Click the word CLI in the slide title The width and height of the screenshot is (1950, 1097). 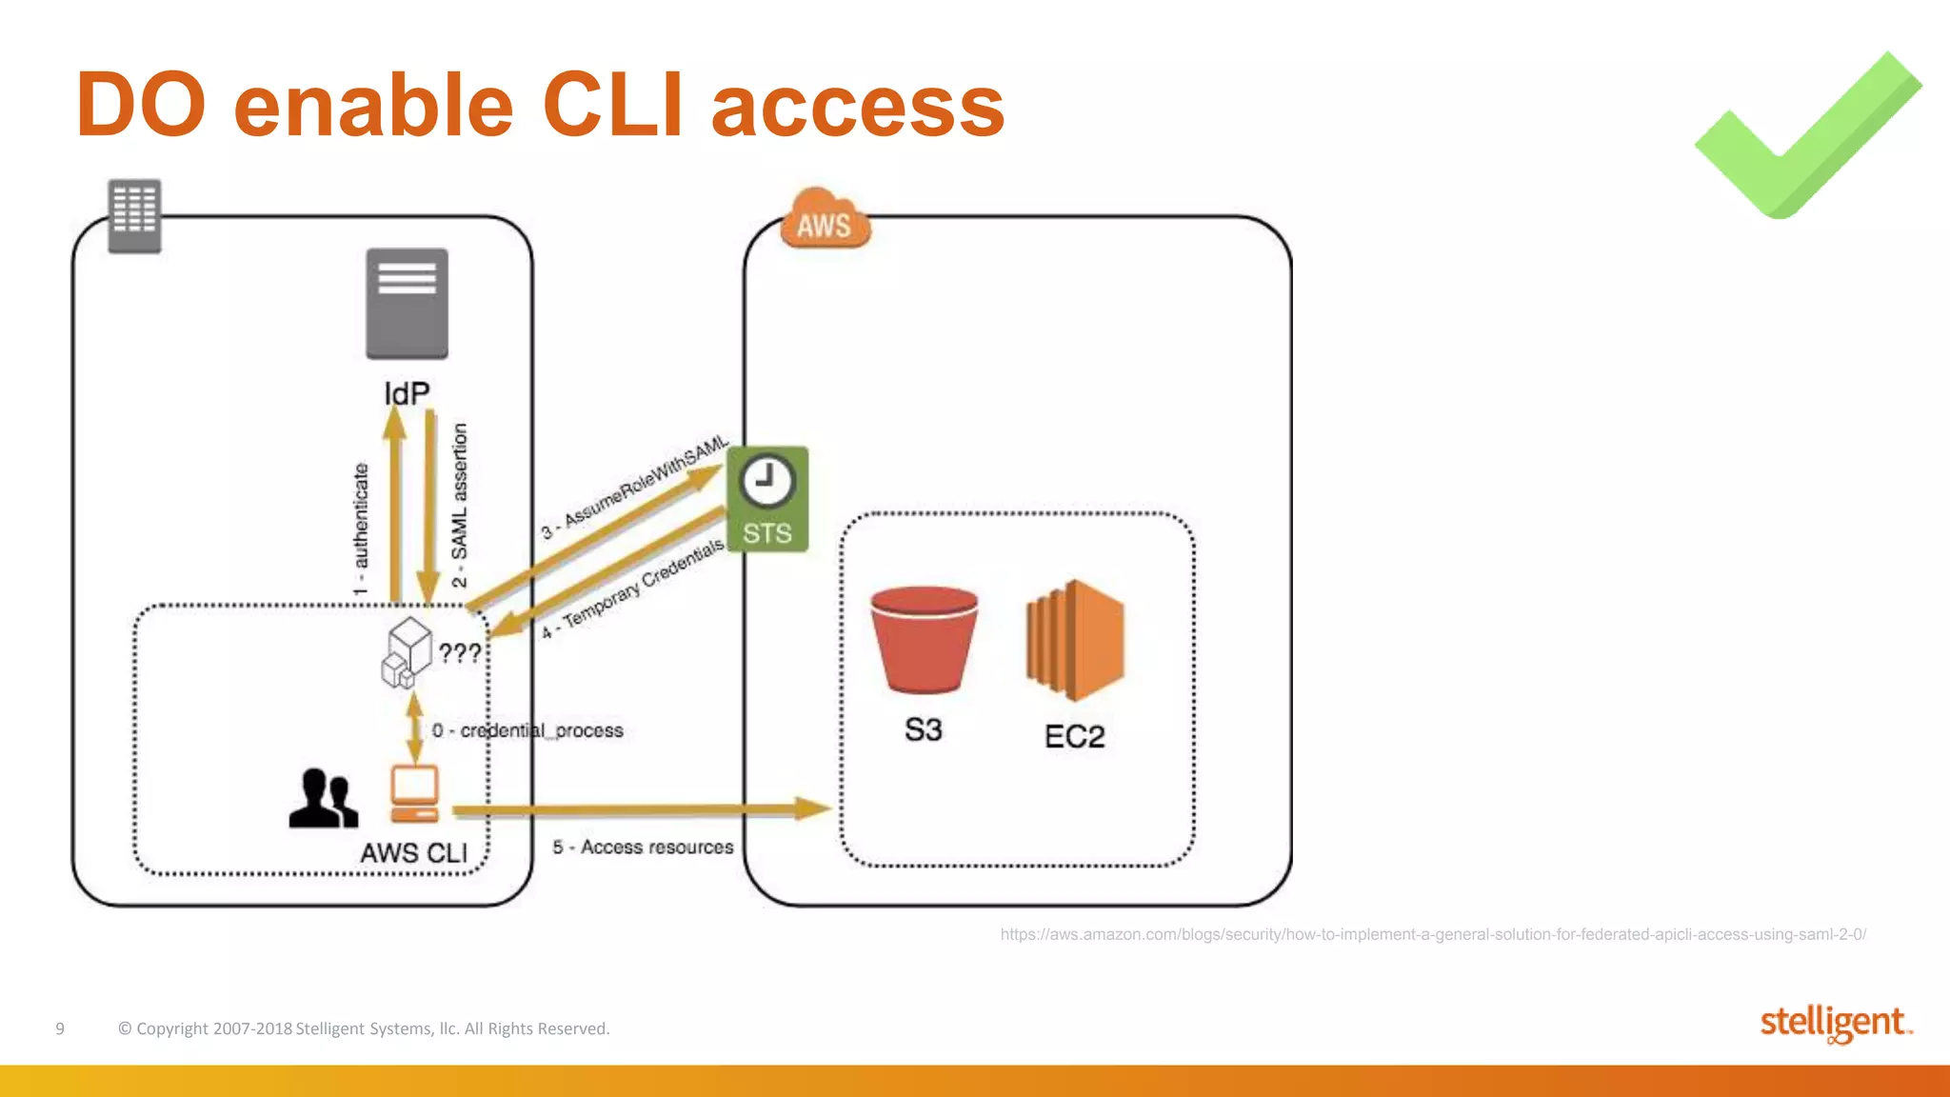pyautogui.click(x=612, y=105)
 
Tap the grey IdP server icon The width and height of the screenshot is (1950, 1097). pyautogui.click(x=407, y=303)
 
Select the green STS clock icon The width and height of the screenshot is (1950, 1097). pyautogui.click(x=767, y=498)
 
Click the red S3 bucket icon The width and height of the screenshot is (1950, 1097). pyautogui.click(x=924, y=639)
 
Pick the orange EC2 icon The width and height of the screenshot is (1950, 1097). pyautogui.click(x=1075, y=640)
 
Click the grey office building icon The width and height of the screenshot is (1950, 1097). pyautogui.click(x=134, y=215)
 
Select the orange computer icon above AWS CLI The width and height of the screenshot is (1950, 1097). pyautogui.click(x=414, y=793)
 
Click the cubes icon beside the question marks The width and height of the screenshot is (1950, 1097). pyautogui.click(x=408, y=652)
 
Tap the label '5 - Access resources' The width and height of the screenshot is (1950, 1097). pyautogui.click(x=643, y=847)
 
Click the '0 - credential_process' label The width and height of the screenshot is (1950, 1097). pyautogui.click(x=527, y=730)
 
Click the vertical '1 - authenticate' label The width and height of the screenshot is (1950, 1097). pyautogui.click(x=360, y=529)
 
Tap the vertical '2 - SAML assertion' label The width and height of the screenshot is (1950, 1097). pyautogui.click(x=459, y=505)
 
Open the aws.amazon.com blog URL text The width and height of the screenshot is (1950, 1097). pyautogui.click(x=1432, y=934)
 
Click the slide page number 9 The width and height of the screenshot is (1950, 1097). pyautogui.click(x=60, y=1028)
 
